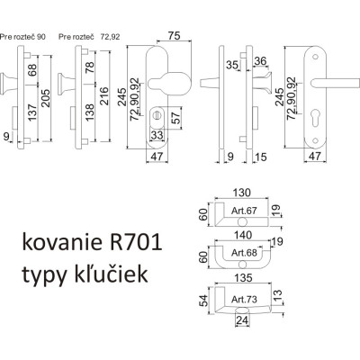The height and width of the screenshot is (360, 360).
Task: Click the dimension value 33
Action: pyautogui.click(x=157, y=135)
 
